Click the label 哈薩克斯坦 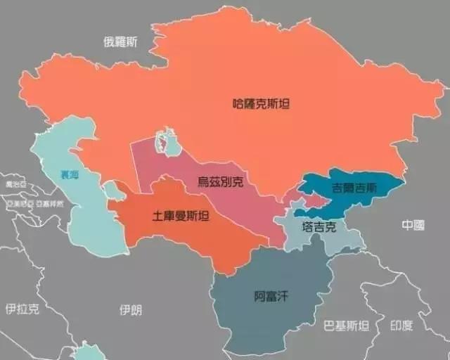point(261,103)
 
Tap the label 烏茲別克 point(221,182)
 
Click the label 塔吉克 point(320,227)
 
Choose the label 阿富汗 point(271,296)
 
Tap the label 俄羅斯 point(120,41)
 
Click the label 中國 point(413,225)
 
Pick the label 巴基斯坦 point(345,326)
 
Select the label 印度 point(402,326)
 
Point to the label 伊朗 point(131,309)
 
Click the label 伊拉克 point(22,309)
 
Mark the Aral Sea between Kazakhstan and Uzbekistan point(167,143)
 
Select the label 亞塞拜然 point(50,203)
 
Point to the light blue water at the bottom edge point(88,351)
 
